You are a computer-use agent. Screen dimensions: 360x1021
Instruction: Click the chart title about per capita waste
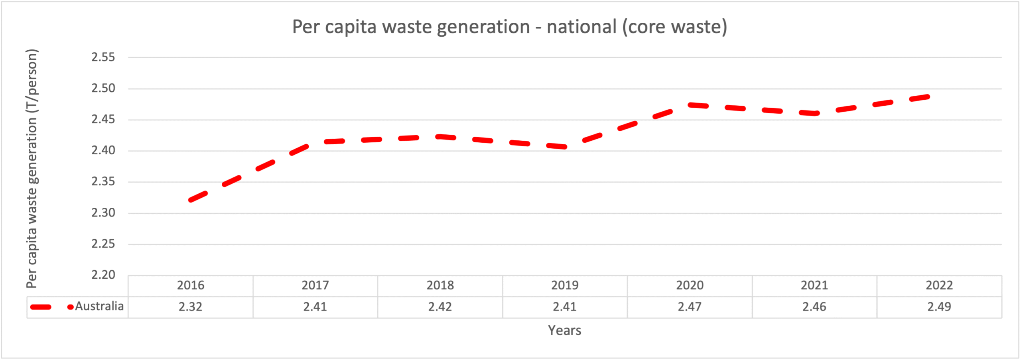pyautogui.click(x=510, y=27)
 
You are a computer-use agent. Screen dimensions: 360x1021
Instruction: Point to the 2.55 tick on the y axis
pyautogui.click(x=103, y=57)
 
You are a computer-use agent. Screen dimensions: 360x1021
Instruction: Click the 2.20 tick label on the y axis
pyautogui.click(x=103, y=275)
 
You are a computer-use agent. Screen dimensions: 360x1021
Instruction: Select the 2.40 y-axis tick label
pyautogui.click(x=103, y=150)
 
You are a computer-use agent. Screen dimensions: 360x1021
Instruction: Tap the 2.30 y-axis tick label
pyautogui.click(x=103, y=212)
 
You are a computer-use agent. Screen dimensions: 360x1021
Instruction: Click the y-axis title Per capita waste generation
pyautogui.click(x=32, y=168)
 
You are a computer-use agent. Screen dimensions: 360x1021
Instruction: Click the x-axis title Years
pyautogui.click(x=564, y=330)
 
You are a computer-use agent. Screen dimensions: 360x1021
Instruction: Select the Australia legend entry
pyautogui.click(x=99, y=306)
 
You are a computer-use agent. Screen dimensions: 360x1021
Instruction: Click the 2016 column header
pyautogui.click(x=191, y=285)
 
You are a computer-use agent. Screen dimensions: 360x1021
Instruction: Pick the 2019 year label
pyautogui.click(x=565, y=285)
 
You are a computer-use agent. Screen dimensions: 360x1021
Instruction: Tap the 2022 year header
pyautogui.click(x=939, y=285)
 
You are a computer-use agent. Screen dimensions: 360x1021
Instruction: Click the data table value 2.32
pyautogui.click(x=191, y=307)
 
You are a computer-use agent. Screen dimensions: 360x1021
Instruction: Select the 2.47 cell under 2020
pyautogui.click(x=690, y=307)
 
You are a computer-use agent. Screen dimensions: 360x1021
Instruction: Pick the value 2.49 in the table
pyautogui.click(x=939, y=307)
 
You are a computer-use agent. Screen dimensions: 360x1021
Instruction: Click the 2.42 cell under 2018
pyautogui.click(x=440, y=307)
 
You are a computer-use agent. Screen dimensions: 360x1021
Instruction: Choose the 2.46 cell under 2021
pyautogui.click(x=814, y=307)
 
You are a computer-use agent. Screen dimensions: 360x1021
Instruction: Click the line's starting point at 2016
pyautogui.click(x=191, y=200)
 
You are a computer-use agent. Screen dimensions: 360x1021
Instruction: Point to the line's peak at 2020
pyautogui.click(x=690, y=105)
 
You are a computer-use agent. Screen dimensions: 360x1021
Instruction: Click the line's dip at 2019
pyautogui.click(x=565, y=147)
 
